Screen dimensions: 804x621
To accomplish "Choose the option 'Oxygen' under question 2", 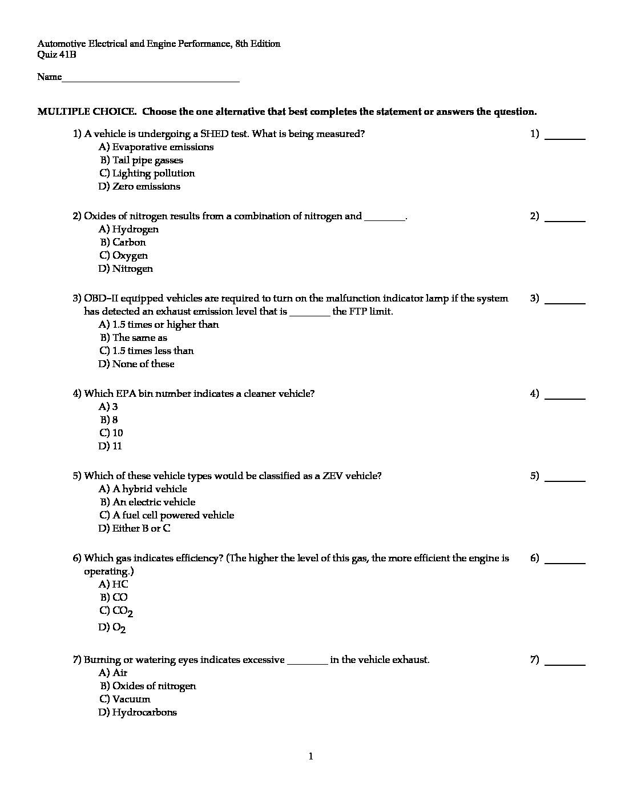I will [130, 256].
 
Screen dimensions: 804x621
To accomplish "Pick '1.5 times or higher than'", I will [166, 325].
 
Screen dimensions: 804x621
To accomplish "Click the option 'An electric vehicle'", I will [154, 502].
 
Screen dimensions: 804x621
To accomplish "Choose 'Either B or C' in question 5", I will [141, 529].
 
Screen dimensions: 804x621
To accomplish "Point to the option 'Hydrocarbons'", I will [144, 713].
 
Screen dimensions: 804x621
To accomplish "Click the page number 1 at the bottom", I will [310, 757].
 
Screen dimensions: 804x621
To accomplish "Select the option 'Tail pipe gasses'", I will [148, 160].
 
